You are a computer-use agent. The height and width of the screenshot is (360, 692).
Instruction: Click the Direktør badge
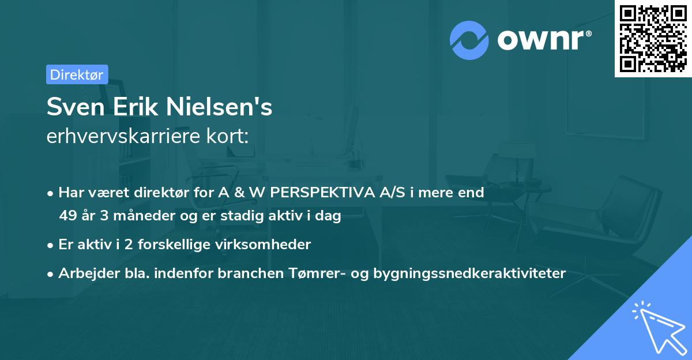point(77,74)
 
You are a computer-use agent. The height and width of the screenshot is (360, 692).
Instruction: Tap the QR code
point(653,39)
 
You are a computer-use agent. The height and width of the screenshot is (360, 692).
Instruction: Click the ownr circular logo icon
point(469,40)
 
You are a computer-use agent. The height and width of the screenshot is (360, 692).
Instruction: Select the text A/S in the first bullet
point(392,193)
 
